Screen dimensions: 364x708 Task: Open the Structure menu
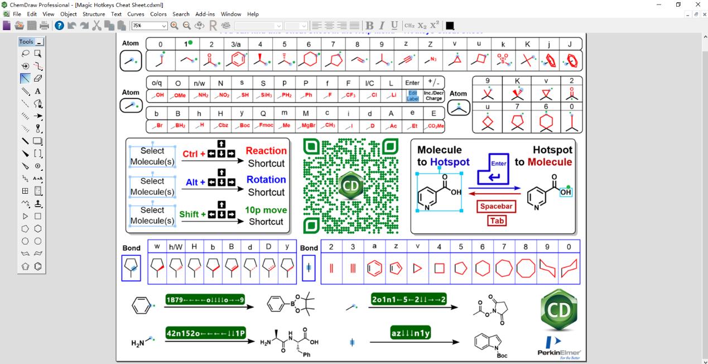(94, 14)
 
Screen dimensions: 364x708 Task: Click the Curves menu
(136, 14)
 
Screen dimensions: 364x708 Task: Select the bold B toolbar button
(369, 26)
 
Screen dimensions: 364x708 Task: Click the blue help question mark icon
(59, 26)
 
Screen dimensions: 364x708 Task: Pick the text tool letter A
(38, 91)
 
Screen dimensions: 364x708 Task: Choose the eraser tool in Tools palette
(38, 78)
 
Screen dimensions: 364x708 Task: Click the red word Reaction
(266, 151)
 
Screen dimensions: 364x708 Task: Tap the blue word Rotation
(266, 180)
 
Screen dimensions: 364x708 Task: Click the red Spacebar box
(496, 207)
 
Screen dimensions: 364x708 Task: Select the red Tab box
(497, 221)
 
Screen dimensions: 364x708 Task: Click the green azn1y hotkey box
(411, 334)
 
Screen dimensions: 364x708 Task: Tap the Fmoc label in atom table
(267, 126)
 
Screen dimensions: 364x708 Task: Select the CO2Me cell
(434, 126)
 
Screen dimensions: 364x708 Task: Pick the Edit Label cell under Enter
(412, 95)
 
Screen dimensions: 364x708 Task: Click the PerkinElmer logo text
(559, 352)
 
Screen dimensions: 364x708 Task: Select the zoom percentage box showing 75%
(149, 26)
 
